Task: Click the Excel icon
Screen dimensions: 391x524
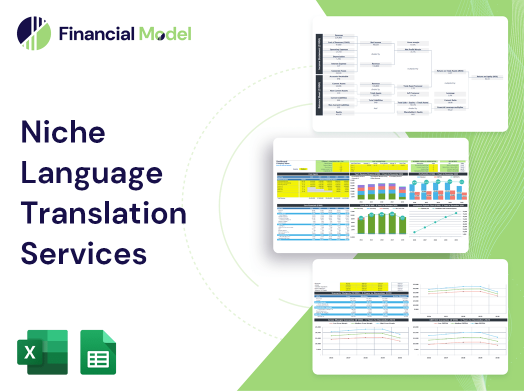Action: tap(42, 352)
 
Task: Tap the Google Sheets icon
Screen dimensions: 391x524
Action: tap(98, 352)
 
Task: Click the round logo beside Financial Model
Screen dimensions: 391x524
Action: tap(34, 33)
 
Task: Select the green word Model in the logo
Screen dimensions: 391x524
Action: tap(165, 34)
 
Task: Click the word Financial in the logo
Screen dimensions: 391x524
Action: tap(97, 34)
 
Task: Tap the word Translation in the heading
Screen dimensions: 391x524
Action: tap(104, 213)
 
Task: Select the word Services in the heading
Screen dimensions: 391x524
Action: tap(84, 253)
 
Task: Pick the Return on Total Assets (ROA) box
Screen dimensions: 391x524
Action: tap(450, 72)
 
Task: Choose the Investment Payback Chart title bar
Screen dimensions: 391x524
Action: tap(437, 205)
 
